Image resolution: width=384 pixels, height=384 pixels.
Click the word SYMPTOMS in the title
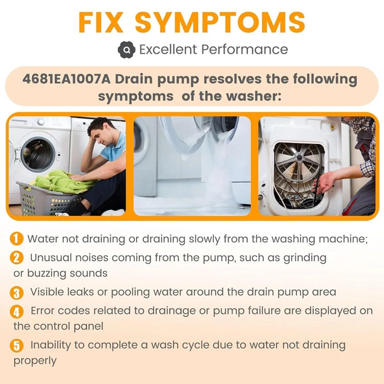tap(220, 21)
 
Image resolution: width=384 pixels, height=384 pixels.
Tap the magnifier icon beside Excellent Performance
tap(126, 50)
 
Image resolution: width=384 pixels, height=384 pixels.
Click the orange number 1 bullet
tap(18, 239)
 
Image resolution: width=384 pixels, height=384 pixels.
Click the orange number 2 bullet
tap(18, 257)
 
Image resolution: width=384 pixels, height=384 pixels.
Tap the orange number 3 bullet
tap(18, 292)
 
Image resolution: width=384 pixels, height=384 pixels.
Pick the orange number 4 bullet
tap(18, 311)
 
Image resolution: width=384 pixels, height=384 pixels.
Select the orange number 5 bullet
tap(18, 346)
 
